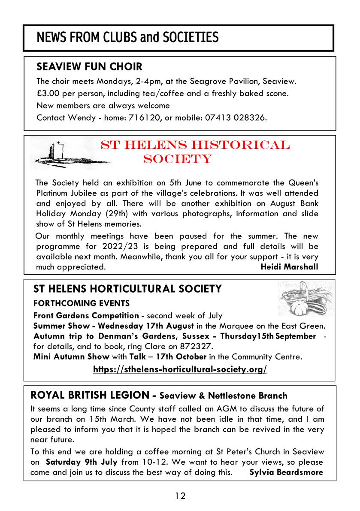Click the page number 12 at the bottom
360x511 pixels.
(x=180, y=496)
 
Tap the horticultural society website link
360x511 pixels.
(x=180, y=369)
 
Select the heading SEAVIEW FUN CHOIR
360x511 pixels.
(x=89, y=67)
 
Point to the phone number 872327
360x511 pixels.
(x=196, y=346)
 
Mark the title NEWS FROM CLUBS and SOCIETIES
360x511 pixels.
(x=127, y=38)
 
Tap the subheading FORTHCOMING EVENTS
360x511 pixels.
(x=82, y=303)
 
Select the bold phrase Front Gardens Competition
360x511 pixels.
(x=86, y=316)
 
